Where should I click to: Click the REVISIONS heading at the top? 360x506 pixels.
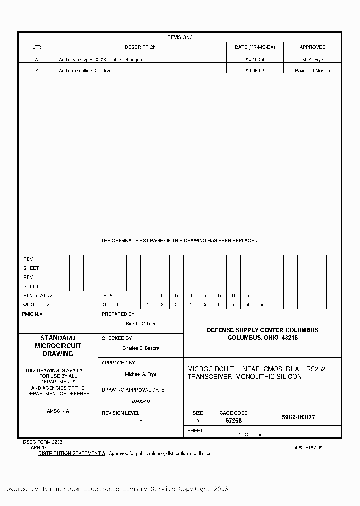click(x=180, y=37)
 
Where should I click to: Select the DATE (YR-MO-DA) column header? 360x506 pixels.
click(x=258, y=47)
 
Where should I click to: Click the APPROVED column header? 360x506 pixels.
click(x=312, y=47)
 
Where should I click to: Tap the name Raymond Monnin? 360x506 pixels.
click(x=312, y=71)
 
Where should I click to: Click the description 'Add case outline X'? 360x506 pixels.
click(x=84, y=71)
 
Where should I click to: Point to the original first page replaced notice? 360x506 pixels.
click(x=180, y=241)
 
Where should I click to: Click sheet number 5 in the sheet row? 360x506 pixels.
click(x=205, y=304)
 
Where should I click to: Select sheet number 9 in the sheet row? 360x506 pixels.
click(x=262, y=304)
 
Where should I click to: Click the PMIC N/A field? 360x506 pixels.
click(x=33, y=315)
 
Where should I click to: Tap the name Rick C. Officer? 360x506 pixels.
click(x=141, y=324)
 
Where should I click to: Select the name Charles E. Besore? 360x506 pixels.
click(x=141, y=348)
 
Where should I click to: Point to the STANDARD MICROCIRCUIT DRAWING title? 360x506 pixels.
click(x=58, y=346)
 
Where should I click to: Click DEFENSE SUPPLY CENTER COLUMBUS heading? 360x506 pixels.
click(x=262, y=330)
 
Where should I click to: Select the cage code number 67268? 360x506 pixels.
click(x=233, y=421)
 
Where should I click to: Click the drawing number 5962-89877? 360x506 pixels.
click(x=298, y=417)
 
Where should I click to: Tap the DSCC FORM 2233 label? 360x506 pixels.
click(x=42, y=442)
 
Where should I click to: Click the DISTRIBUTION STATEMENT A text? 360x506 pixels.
click(x=72, y=453)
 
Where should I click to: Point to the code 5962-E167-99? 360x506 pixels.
click(x=308, y=448)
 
